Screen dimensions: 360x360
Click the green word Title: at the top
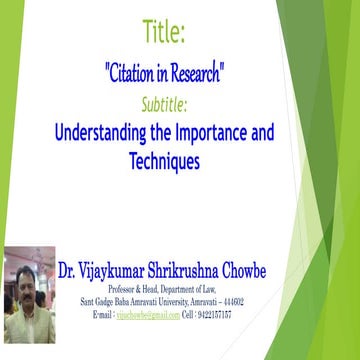click(x=164, y=33)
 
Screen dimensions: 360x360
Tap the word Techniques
click(x=163, y=160)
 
